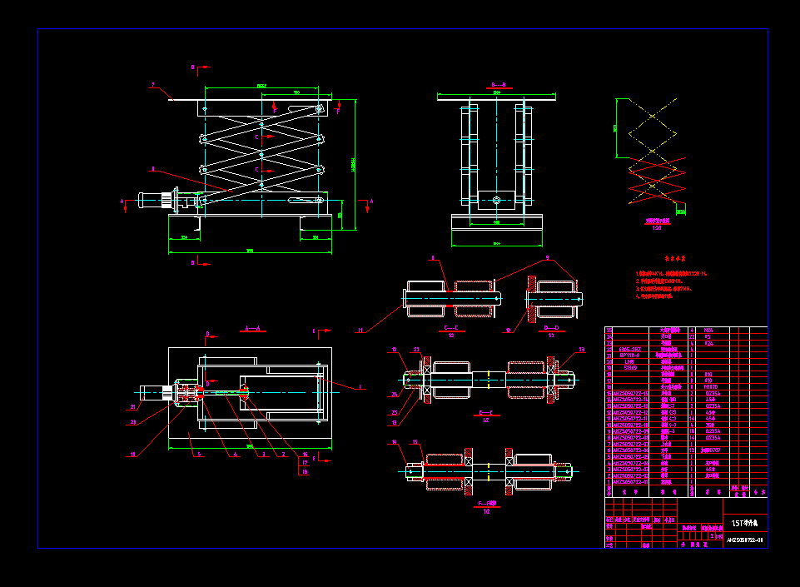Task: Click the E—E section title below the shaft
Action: click(x=486, y=413)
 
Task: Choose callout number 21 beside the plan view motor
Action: click(x=132, y=407)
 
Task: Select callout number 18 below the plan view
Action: click(x=132, y=455)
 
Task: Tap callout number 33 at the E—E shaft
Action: click(x=582, y=350)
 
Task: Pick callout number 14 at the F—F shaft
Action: click(x=395, y=441)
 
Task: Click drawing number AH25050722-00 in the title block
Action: click(x=745, y=540)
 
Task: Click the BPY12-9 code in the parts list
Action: click(x=630, y=355)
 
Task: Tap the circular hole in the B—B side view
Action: click(x=496, y=200)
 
